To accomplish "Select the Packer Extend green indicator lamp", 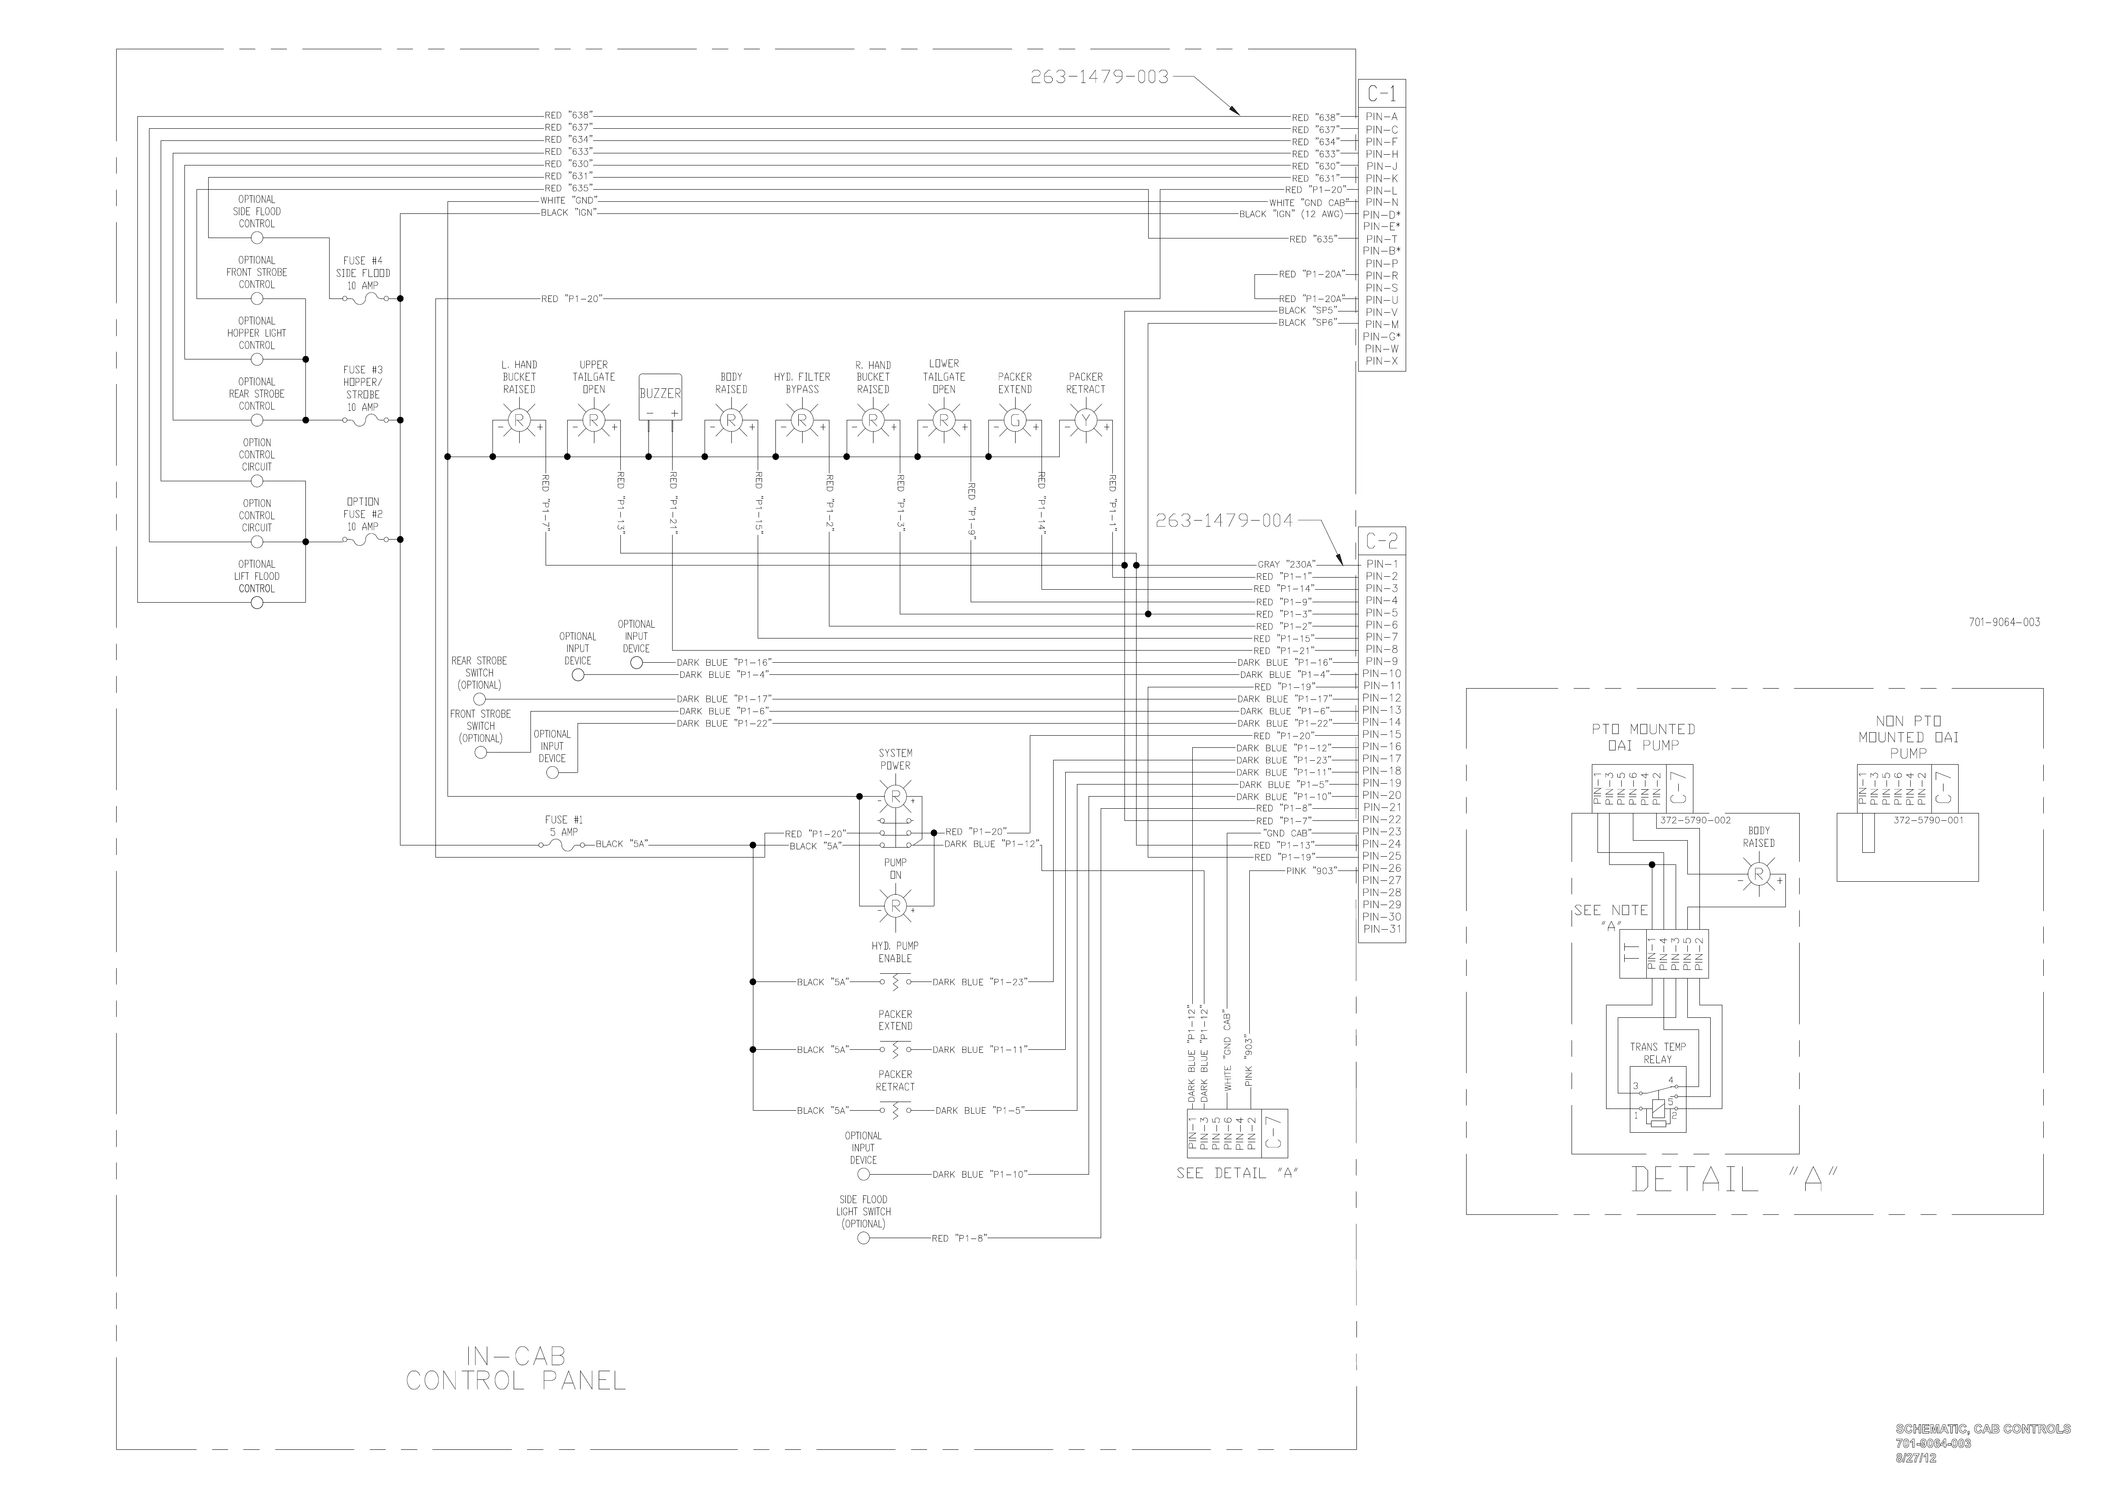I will [1014, 421].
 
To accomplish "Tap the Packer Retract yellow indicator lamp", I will [1085, 421].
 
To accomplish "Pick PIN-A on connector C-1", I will [1381, 117].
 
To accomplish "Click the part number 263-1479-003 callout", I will [1099, 77].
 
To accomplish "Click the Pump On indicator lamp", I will [895, 906].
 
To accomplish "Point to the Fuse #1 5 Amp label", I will [563, 825].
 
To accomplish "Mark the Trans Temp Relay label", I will [1657, 1053].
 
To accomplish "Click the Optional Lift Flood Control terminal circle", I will [257, 602].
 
